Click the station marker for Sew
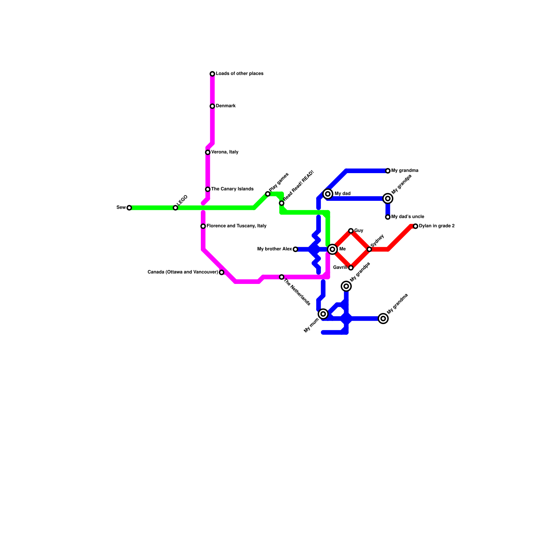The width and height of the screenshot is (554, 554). coord(129,208)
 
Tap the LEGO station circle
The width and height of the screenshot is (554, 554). coord(176,208)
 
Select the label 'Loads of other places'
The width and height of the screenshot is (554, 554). coord(240,74)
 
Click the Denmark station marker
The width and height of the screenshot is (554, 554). coord(212,106)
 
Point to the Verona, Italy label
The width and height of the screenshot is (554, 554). coord(225,152)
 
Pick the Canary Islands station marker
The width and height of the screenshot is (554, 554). coord(208,189)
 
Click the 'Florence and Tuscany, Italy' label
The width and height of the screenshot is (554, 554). coord(236,226)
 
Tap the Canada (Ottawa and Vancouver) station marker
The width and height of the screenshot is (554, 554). coord(222,272)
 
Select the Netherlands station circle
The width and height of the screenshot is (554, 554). coord(282,277)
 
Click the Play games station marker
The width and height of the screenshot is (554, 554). coord(268,194)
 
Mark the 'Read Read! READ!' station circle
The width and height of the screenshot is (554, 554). coord(282,203)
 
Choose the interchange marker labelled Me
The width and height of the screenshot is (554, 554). coord(332,249)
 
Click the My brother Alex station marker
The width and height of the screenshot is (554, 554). coord(295,249)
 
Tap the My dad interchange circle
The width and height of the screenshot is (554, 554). coord(328,194)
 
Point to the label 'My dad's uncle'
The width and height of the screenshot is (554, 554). coord(408,217)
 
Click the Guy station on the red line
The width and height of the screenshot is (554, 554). coord(351,231)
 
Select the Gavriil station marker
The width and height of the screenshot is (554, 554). coord(351,268)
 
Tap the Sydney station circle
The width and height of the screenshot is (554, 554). coord(369,249)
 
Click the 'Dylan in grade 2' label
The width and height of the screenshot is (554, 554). coord(437,226)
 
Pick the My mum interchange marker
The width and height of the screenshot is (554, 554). coord(323,314)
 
